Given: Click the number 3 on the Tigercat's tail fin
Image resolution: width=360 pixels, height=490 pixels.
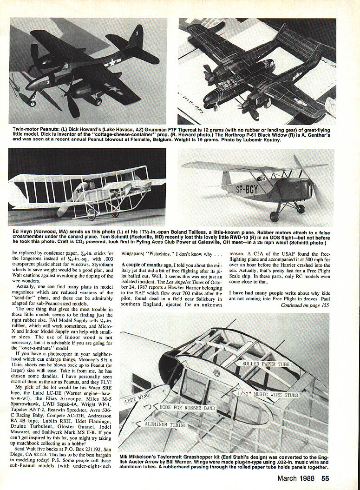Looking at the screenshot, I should tap(137, 33).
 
